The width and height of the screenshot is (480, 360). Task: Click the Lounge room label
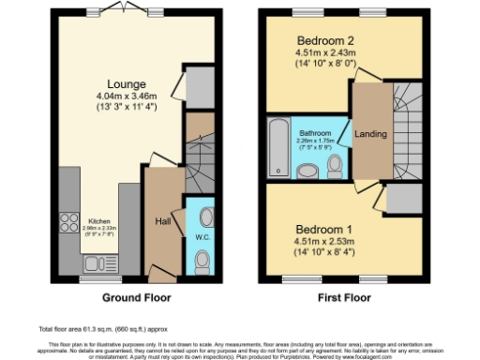point(125,82)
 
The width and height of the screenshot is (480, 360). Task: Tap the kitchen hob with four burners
point(69,223)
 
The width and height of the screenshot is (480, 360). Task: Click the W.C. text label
point(202,236)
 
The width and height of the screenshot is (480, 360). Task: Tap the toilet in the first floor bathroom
point(335,165)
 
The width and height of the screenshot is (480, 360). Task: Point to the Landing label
point(369,135)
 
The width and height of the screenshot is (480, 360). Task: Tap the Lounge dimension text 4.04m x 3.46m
point(125,95)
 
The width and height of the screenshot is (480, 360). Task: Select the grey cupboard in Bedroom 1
point(401,199)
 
